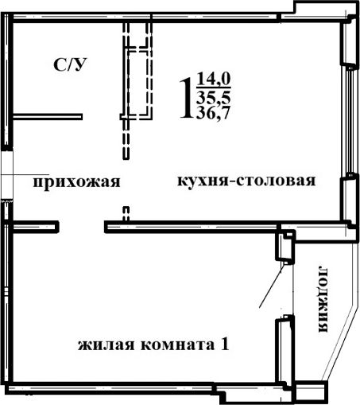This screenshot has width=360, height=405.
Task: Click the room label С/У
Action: point(70,65)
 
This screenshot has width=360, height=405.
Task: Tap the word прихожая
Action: point(75,182)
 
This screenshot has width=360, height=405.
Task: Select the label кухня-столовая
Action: point(246,181)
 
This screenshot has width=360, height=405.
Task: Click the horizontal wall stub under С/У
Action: point(49,117)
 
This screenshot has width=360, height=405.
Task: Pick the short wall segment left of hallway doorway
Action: point(37,228)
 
